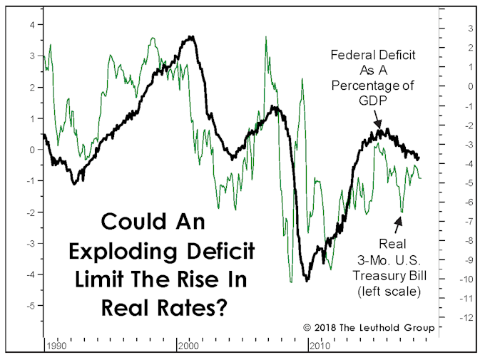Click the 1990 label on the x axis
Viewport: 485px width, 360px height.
coord(57,346)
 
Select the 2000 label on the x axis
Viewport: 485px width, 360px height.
coord(188,346)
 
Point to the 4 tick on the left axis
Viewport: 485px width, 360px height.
coord(31,25)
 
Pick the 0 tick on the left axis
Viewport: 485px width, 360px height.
coord(31,150)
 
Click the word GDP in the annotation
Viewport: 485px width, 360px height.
coord(372,101)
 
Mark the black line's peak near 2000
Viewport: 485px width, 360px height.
coord(190,37)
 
